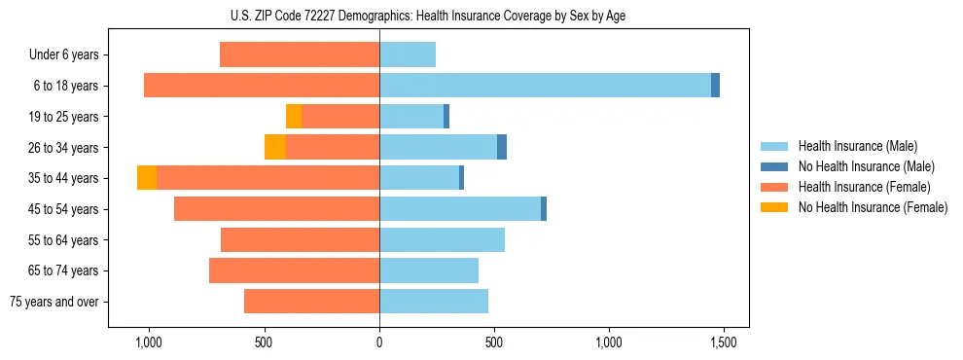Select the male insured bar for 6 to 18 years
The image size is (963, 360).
point(545,86)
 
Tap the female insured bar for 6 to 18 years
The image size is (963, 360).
point(262,86)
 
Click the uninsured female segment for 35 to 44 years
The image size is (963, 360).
point(147,178)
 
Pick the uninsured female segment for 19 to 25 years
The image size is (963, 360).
point(294,117)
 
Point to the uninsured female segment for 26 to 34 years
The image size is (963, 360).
point(275,147)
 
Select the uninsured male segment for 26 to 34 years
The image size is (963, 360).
point(502,147)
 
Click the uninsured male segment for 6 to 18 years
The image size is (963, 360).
point(715,86)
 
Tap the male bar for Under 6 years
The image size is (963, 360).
point(408,54)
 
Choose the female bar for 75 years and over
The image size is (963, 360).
point(311,302)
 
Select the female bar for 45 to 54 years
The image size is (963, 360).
point(276,209)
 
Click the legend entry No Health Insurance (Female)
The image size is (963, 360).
point(873,207)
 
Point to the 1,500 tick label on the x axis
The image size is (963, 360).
point(723,342)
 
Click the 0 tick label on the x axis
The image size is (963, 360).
point(379,342)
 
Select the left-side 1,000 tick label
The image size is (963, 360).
point(149,342)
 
